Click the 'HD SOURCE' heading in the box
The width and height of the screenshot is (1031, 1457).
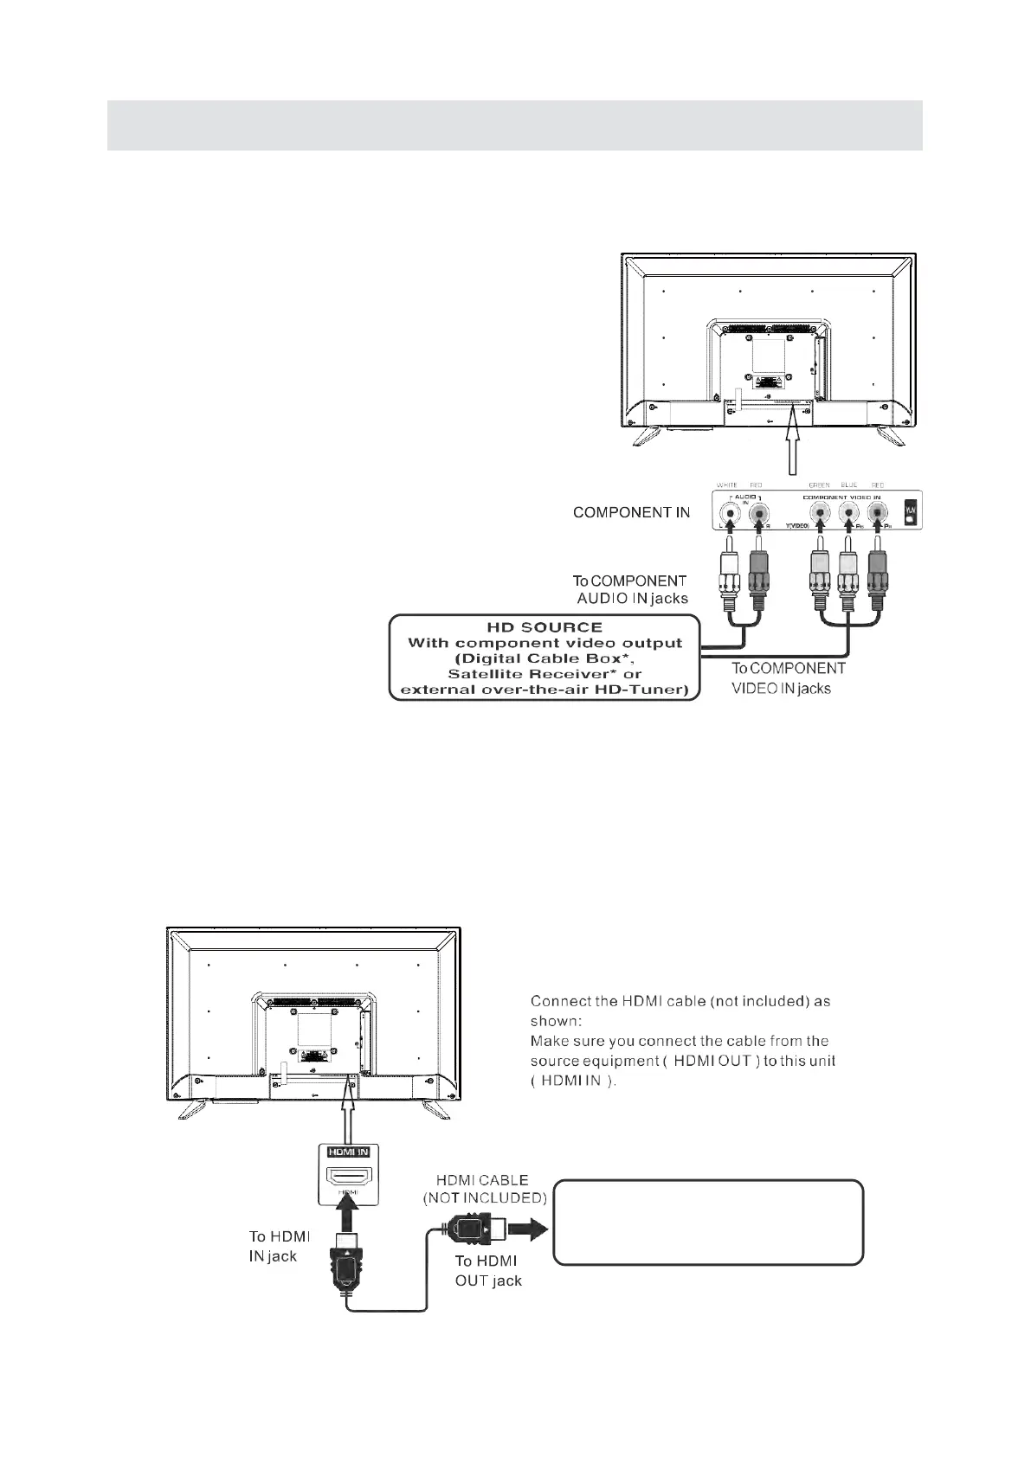pyautogui.click(x=544, y=626)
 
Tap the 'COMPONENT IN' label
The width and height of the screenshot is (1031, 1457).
pyautogui.click(x=631, y=512)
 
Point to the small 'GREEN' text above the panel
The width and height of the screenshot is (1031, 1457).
pyautogui.click(x=818, y=485)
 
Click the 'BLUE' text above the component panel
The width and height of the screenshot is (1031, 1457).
pyautogui.click(x=848, y=485)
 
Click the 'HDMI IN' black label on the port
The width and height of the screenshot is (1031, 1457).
pyautogui.click(x=348, y=1152)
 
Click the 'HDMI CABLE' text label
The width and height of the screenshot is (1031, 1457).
pyautogui.click(x=482, y=1180)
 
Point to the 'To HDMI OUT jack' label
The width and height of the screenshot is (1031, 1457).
pyautogui.click(x=488, y=1271)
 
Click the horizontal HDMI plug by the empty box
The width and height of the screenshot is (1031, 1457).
pyautogui.click(x=469, y=1228)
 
